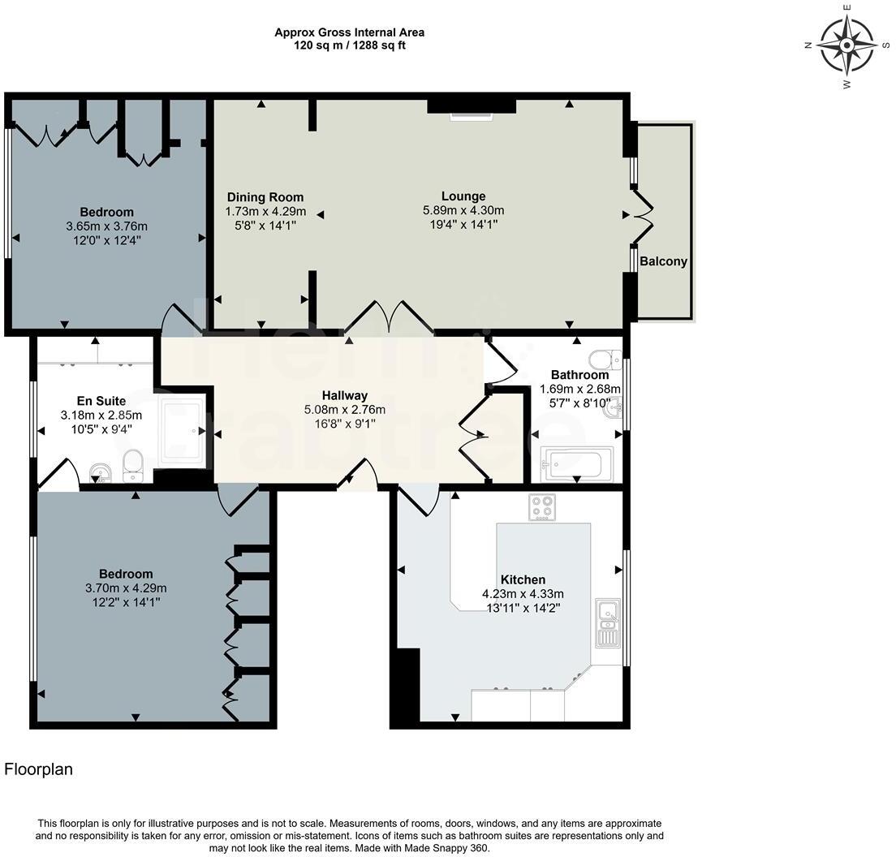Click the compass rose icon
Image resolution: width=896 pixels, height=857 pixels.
(846, 45)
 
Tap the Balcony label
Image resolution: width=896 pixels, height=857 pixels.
(663, 261)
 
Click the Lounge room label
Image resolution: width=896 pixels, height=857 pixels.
(463, 196)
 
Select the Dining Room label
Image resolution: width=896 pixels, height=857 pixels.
(265, 197)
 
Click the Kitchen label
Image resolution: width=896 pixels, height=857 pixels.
(523, 579)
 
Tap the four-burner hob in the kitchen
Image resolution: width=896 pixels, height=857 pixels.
(542, 507)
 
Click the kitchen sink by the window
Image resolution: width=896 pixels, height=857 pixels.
(607, 622)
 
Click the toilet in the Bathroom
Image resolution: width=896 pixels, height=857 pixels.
(604, 358)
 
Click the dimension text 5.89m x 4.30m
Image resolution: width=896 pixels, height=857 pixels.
(463, 210)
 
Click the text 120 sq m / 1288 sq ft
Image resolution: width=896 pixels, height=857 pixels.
(350, 45)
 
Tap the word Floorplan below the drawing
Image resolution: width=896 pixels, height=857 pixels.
(39, 769)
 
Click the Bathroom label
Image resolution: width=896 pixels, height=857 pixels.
(579, 375)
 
